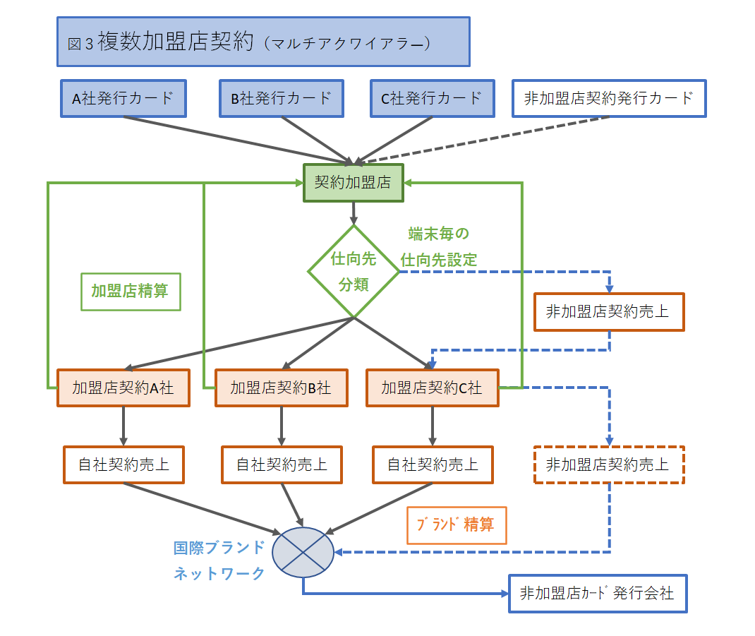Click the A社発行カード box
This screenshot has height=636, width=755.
click(123, 98)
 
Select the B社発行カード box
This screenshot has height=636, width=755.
click(282, 98)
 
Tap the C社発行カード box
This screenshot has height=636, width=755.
click(432, 98)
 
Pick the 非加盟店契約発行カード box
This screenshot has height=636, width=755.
click(609, 98)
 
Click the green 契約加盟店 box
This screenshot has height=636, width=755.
click(353, 183)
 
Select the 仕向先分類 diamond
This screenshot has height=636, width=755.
click(354, 271)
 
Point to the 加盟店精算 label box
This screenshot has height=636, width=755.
click(131, 292)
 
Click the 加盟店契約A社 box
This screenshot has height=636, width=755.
click(123, 388)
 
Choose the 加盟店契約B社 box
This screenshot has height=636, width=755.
click(282, 388)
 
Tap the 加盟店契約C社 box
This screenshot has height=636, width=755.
click(432, 388)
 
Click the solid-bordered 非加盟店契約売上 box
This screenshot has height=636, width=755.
click(609, 311)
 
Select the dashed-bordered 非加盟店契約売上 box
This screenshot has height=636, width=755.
click(609, 464)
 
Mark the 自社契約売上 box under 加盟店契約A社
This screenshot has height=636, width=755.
click(123, 464)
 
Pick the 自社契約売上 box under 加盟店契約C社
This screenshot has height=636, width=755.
click(432, 464)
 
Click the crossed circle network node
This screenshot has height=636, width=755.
click(303, 553)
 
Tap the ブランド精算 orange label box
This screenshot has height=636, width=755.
click(457, 525)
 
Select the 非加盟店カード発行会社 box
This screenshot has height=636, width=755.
click(597, 593)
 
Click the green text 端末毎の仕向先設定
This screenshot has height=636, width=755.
click(439, 246)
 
